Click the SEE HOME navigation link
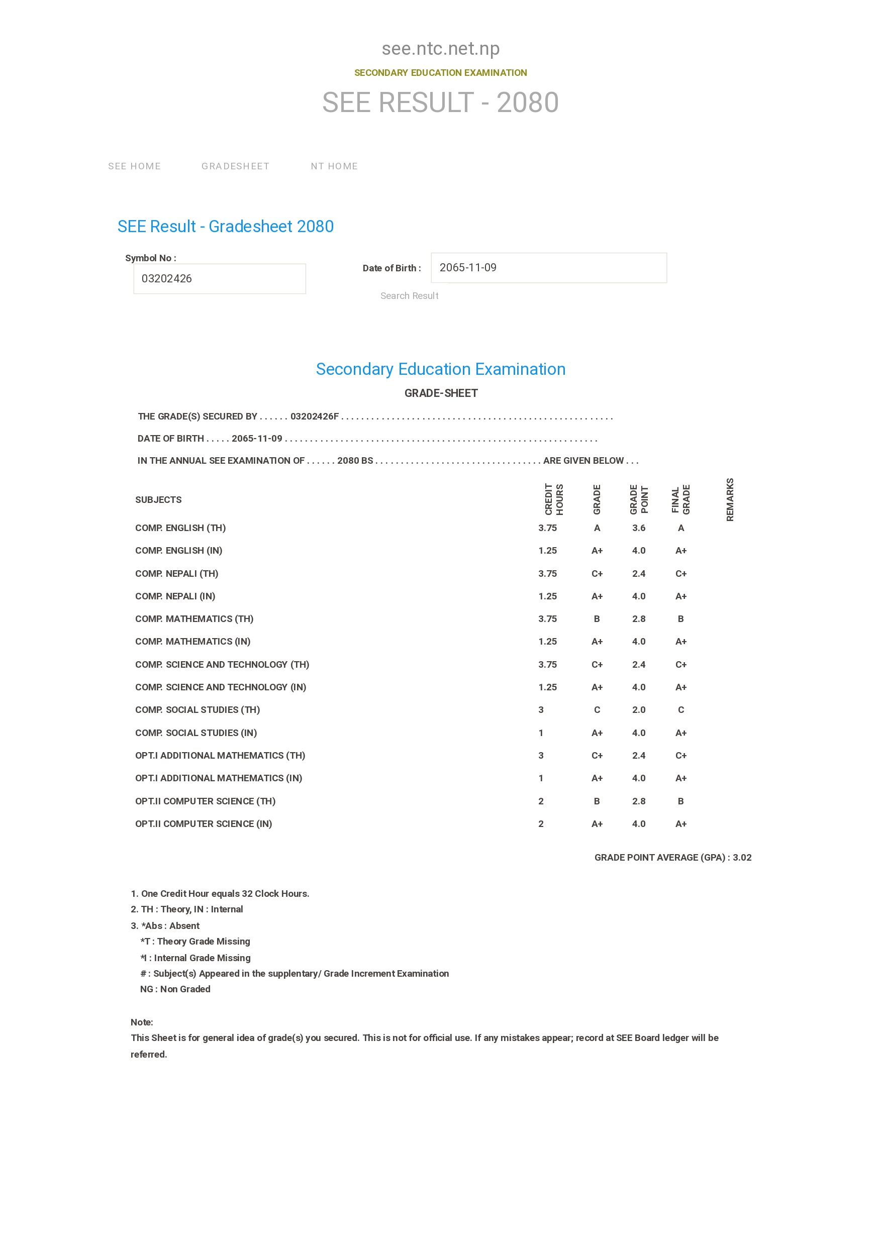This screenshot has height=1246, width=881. [x=134, y=166]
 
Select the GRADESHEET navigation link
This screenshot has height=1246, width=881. [x=235, y=166]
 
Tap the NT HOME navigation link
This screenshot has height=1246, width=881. [x=334, y=166]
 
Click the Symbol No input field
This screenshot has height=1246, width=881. [x=219, y=278]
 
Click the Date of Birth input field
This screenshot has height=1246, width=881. [x=548, y=268]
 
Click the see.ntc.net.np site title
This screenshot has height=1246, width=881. [x=440, y=49]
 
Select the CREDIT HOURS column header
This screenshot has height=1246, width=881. [x=554, y=499]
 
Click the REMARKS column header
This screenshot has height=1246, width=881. [x=730, y=499]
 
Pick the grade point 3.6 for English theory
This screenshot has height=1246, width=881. [x=638, y=528]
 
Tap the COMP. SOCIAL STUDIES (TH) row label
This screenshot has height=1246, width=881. [x=198, y=710]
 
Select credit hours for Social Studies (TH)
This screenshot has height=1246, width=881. [x=541, y=710]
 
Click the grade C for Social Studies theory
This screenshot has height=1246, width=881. [x=597, y=710]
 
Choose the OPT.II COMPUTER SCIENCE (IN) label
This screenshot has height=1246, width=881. [x=204, y=824]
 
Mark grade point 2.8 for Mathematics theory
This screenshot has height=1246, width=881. [x=638, y=618]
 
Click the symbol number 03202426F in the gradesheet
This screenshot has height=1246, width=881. [x=314, y=416]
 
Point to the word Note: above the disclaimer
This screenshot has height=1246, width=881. [x=142, y=1022]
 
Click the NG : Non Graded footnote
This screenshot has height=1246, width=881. [x=175, y=989]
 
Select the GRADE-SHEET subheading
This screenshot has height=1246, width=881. [x=441, y=393]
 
